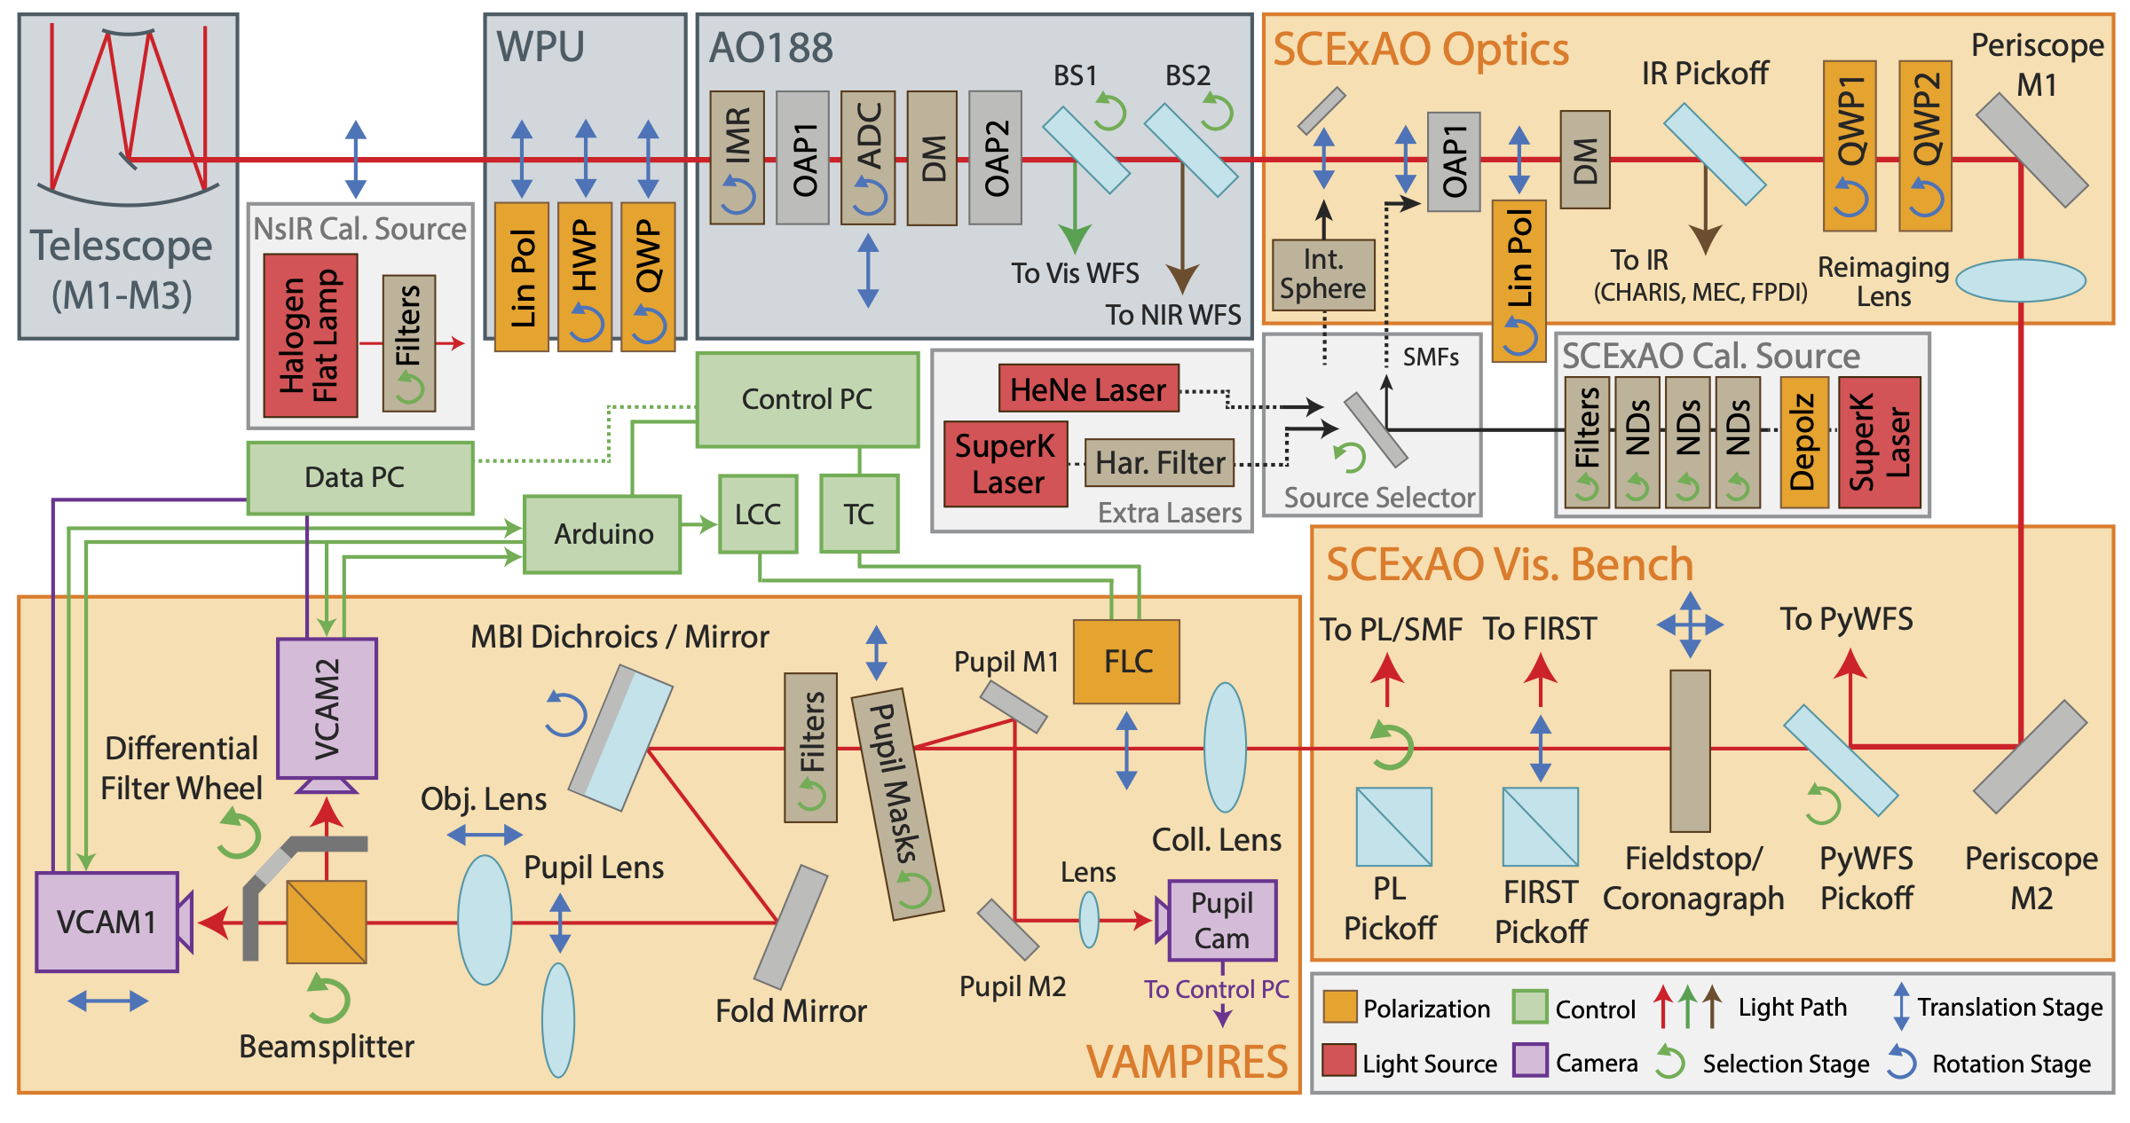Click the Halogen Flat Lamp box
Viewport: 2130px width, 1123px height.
[311, 335]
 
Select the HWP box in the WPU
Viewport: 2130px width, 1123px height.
[585, 277]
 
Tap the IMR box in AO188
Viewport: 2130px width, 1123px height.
[738, 157]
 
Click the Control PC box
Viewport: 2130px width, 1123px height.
[807, 399]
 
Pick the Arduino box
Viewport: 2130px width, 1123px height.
[603, 534]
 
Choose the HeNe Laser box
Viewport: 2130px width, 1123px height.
[1088, 389]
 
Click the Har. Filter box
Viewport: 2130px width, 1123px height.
[1159, 463]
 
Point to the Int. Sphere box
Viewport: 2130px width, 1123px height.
[1322, 275]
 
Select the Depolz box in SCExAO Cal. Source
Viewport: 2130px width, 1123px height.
[1803, 442]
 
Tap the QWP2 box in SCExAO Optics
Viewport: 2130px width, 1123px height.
[1925, 145]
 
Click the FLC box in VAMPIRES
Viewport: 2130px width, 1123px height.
[1126, 662]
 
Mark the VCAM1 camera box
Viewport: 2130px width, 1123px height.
[106, 922]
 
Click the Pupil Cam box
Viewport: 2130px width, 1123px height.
[1222, 921]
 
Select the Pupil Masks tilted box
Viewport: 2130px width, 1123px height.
[897, 804]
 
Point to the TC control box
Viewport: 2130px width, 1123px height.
[858, 514]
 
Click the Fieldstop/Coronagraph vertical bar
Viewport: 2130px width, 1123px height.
[1690, 750]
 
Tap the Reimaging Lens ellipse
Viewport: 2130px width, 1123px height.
[2021, 280]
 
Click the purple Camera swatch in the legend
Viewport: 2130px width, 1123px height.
[1530, 1060]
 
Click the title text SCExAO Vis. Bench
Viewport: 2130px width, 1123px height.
[1509, 565]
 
